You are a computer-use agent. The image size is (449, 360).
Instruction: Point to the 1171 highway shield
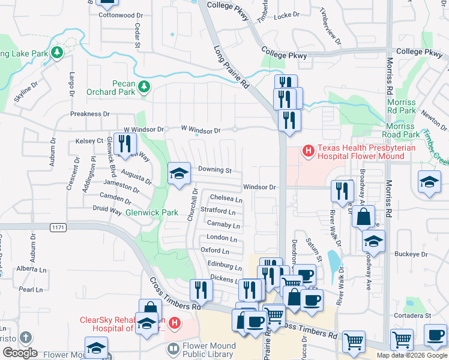coord(57,226)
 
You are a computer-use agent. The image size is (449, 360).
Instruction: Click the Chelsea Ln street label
coord(226,199)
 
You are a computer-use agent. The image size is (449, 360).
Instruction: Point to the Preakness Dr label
coord(90,113)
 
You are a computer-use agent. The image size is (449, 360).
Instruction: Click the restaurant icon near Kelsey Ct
coord(125,144)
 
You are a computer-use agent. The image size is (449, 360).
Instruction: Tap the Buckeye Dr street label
coord(411,254)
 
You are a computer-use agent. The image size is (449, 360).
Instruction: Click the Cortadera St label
coord(412,315)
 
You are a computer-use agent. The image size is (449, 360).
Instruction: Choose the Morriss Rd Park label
coord(402,106)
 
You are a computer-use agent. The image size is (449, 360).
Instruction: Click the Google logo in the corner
coord(20,352)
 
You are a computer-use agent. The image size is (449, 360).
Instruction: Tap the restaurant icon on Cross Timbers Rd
coord(202,291)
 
